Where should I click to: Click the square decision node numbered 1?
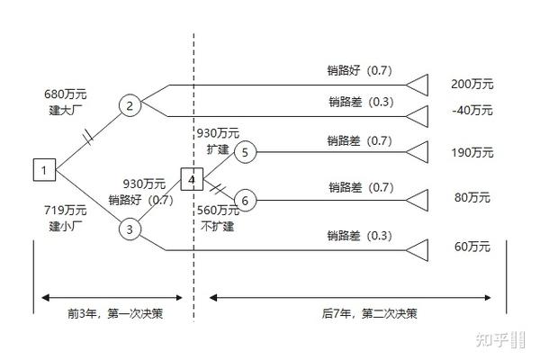(x=44, y=168)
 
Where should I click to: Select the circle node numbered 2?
(x=130, y=106)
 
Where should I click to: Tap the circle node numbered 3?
(x=130, y=229)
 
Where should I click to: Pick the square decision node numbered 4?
(x=192, y=179)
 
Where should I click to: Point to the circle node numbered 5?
(x=246, y=151)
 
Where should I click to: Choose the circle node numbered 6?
(x=246, y=199)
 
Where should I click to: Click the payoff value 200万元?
(x=472, y=84)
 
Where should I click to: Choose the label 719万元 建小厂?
(x=66, y=218)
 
